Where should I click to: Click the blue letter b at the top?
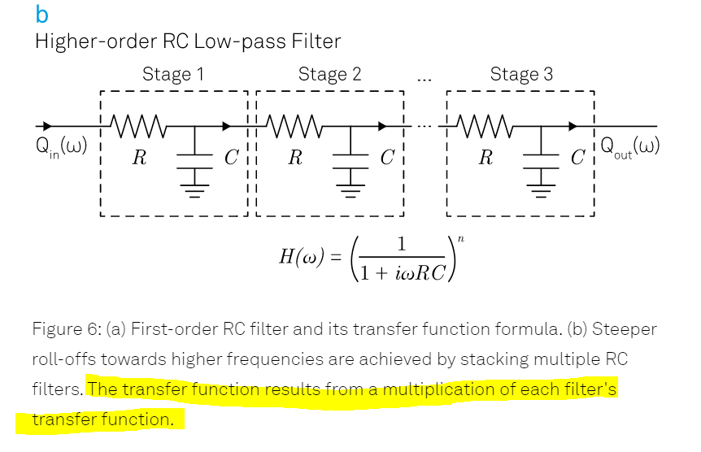[x=42, y=14]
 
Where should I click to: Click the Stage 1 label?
[x=172, y=75]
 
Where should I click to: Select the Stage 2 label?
[x=329, y=75]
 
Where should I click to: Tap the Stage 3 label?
[x=521, y=75]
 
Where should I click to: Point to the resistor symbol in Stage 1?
[x=139, y=126]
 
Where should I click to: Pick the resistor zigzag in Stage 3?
[x=485, y=126]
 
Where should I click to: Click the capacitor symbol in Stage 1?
[x=195, y=155]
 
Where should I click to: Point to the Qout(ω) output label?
[x=630, y=149]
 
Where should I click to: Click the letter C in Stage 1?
[x=230, y=158]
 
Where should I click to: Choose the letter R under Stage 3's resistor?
[x=485, y=158]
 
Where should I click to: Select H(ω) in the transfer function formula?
[x=303, y=258]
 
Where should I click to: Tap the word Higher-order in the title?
[x=86, y=41]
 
